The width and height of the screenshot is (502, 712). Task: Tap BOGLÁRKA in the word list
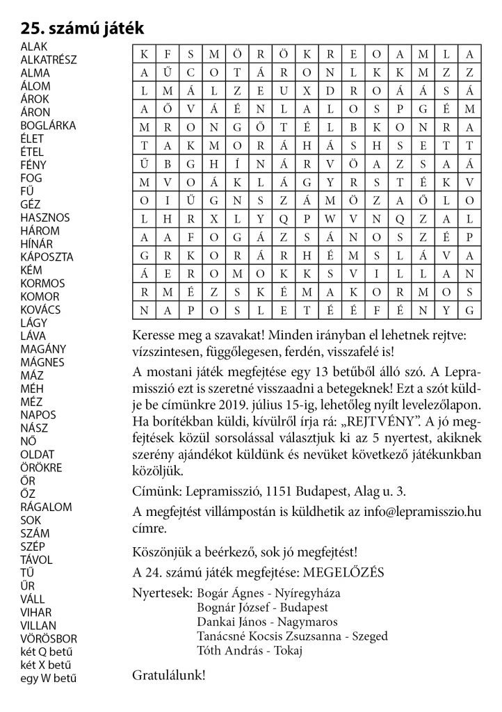[49, 125]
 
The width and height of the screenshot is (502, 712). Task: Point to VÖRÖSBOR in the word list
[49, 638]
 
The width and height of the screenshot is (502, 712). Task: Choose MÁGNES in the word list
[42, 362]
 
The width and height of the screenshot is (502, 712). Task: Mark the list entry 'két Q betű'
[47, 651]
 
